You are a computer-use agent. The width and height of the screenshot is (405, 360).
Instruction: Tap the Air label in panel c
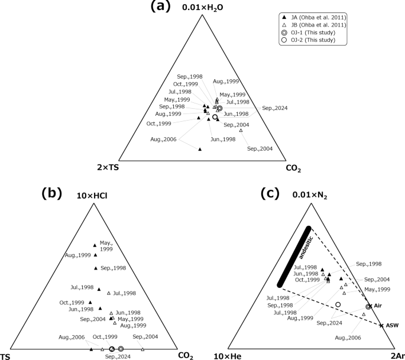(380, 306)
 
